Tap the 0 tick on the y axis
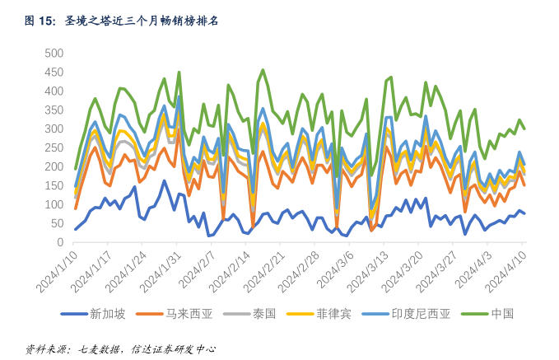[59, 242]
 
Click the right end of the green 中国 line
[524, 128]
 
